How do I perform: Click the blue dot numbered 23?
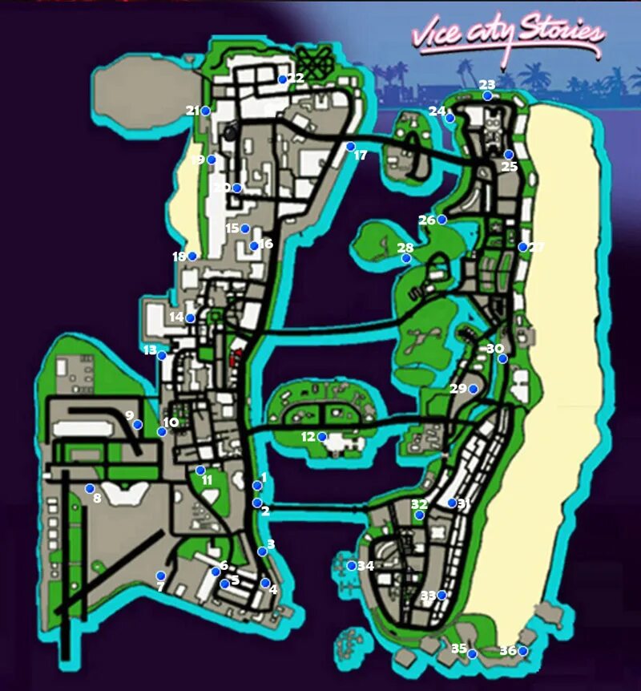point(487,96)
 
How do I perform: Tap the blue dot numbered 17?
point(351,146)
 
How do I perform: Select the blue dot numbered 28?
point(406,258)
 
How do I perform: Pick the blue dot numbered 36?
point(523,651)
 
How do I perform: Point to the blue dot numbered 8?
point(90,488)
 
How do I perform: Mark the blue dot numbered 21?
point(206,111)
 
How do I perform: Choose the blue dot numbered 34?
point(351,565)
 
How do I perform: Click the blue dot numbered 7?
point(161,576)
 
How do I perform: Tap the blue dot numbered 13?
point(162,355)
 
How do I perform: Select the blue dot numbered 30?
point(502,358)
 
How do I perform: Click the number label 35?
point(458,649)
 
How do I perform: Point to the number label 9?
point(129,415)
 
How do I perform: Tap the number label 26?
point(426,220)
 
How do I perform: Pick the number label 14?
point(176,317)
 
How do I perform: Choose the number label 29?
point(458,389)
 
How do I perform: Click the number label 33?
point(428,596)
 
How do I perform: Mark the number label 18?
point(179,257)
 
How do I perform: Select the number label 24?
point(436,111)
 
